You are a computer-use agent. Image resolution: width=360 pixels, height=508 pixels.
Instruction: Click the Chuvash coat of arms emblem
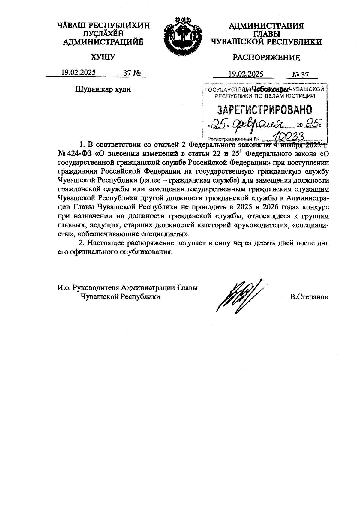tap(182, 36)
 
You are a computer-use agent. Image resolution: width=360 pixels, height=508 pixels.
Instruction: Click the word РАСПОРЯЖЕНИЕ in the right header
tap(266, 57)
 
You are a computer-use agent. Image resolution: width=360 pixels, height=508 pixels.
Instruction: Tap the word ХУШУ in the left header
tap(103, 57)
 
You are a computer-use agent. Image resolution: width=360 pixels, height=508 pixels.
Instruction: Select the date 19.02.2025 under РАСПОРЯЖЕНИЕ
tap(246, 74)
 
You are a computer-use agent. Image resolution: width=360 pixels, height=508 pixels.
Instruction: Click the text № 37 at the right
tap(301, 74)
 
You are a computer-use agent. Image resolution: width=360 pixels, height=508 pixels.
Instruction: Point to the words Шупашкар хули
tap(103, 89)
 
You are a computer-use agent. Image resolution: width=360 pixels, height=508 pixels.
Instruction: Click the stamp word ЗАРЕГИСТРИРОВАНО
tap(264, 110)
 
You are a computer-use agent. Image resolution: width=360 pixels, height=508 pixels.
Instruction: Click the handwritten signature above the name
tap(238, 296)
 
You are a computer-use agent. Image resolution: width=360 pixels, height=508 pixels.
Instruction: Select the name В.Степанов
tap(309, 297)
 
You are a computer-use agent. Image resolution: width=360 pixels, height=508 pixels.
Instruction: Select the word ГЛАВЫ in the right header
tap(266, 34)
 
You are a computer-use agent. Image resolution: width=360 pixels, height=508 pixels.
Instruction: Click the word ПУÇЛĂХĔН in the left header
tap(103, 34)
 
